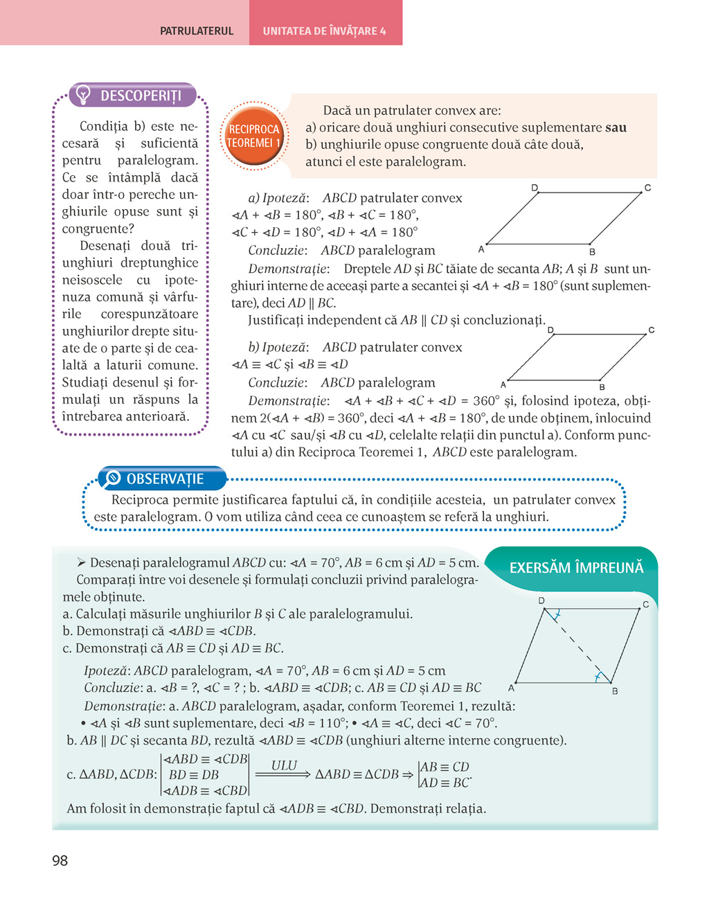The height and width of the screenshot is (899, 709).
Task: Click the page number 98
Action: point(60,860)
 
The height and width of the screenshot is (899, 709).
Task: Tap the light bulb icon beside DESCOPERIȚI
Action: point(83,94)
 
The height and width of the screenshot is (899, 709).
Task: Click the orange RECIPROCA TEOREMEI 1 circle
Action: point(253,136)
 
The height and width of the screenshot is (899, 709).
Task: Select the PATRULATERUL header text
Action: point(197,31)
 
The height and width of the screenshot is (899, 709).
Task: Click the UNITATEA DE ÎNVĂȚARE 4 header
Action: point(324,31)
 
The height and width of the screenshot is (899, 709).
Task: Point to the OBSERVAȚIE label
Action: point(165,479)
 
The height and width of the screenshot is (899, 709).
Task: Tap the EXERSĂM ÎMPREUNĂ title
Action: point(576,568)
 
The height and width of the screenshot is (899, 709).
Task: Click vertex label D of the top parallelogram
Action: point(535,188)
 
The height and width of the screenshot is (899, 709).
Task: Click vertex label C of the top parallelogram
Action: point(647,188)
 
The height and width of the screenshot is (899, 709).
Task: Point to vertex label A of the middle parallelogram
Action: point(503,384)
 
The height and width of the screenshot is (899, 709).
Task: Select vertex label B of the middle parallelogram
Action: point(602,387)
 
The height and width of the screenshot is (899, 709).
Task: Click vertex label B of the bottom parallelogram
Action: point(615,691)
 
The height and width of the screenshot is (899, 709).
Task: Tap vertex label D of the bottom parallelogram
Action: point(541,600)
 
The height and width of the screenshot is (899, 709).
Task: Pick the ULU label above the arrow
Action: point(284,765)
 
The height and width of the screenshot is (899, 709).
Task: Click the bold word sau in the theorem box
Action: point(616,127)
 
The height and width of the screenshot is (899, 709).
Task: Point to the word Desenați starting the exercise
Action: point(115,562)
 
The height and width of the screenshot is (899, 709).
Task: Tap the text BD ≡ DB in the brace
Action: point(194,775)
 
